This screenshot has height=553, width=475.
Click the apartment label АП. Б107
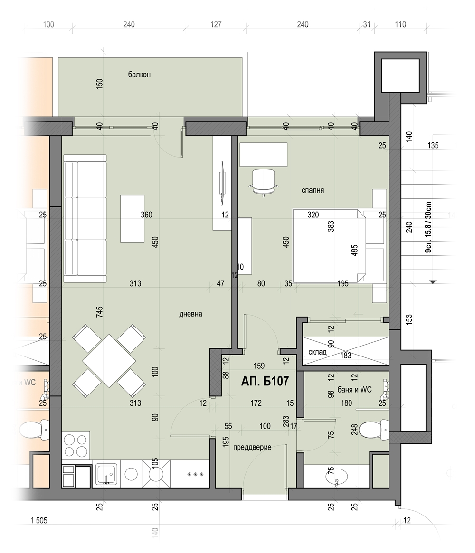click(x=265, y=381)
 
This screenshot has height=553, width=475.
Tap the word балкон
click(x=139, y=75)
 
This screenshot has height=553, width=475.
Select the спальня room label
click(x=313, y=190)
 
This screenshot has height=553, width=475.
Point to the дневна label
click(x=190, y=314)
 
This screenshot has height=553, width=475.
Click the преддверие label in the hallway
click(x=252, y=448)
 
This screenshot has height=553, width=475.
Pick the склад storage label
click(x=318, y=352)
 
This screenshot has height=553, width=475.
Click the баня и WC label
click(x=355, y=390)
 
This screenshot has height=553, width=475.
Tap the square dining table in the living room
click(x=109, y=361)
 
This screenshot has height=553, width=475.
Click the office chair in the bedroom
click(x=264, y=182)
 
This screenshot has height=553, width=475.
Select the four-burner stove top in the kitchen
click(x=76, y=445)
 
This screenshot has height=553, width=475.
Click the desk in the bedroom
click(x=263, y=154)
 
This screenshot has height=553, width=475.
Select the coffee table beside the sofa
click(x=133, y=219)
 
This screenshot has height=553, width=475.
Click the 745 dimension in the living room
click(x=100, y=311)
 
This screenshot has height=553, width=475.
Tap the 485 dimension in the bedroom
click(x=355, y=251)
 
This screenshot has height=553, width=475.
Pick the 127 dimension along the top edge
click(x=216, y=24)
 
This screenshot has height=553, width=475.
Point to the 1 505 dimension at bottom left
click(x=39, y=520)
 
